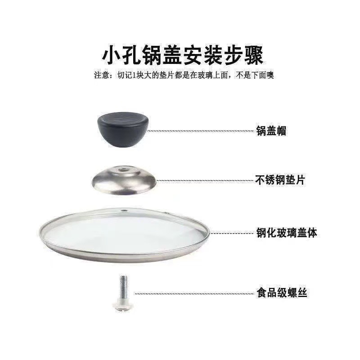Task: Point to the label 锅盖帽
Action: click(271, 131)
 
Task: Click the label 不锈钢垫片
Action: click(280, 180)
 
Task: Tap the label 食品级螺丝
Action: click(282, 293)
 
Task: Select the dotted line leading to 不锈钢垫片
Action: click(207, 180)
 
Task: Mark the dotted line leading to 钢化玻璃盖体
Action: click(232, 233)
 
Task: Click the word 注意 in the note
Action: click(100, 76)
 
